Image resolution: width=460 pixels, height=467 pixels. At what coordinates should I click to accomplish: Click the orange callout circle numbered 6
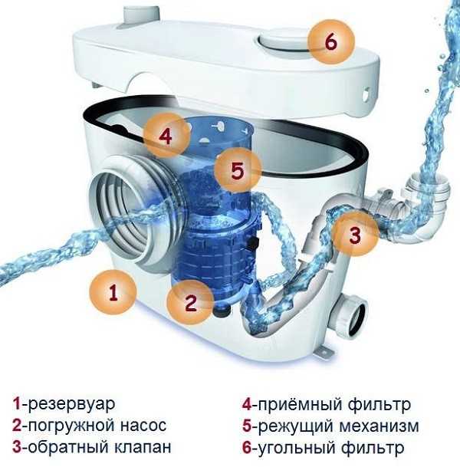[331, 41]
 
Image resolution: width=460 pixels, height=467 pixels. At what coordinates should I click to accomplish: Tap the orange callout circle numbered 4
[166, 136]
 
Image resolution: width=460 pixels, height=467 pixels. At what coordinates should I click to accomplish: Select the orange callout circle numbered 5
[238, 170]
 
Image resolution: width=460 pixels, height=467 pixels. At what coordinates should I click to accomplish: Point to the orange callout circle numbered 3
[355, 234]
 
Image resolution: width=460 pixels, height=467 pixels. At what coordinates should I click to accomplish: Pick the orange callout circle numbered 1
[113, 291]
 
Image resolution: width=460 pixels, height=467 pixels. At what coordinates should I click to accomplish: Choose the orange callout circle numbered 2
[191, 302]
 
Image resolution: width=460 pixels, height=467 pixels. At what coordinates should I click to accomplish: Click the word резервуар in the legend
[71, 404]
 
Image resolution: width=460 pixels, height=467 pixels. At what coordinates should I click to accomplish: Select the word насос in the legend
[143, 426]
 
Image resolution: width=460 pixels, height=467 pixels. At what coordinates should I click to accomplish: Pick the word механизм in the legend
[379, 426]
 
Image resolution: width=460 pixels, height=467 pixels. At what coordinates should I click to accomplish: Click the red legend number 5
[247, 426]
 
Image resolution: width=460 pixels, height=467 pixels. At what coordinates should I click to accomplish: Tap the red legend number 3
[17, 447]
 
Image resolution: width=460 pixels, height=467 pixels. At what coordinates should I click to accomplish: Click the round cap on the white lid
[282, 41]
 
